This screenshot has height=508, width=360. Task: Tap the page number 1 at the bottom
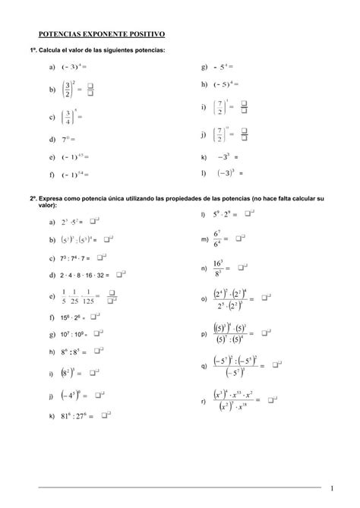(332, 487)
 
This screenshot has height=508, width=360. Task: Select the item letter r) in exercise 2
(204, 399)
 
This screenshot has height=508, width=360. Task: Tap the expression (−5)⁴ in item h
(225, 84)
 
